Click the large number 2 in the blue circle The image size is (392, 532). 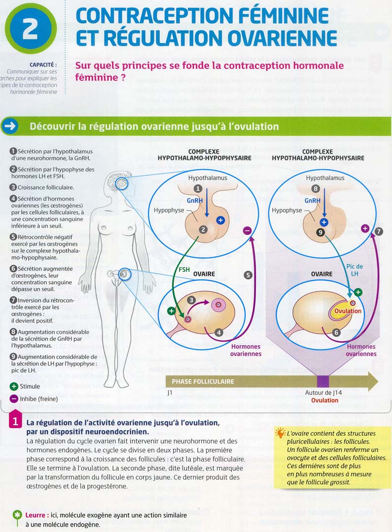(30, 29)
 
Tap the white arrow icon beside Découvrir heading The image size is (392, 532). (11, 127)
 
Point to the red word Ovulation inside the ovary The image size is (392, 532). (348, 311)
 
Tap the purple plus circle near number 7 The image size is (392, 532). (365, 228)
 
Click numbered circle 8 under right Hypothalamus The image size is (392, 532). (316, 188)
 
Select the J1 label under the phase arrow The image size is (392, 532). (170, 393)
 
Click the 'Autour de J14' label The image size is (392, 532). (324, 393)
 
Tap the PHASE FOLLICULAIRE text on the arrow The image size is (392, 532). (203, 381)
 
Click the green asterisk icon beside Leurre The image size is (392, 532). (18, 515)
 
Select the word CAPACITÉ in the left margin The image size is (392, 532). (43, 65)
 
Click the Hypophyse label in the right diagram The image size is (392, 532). (287, 210)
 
